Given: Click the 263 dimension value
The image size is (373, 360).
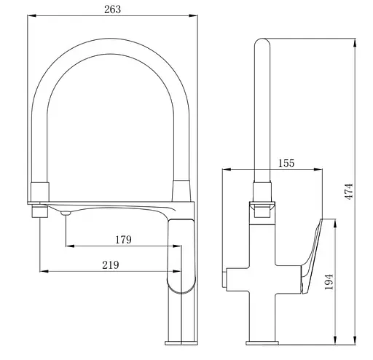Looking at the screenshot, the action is click(x=112, y=9).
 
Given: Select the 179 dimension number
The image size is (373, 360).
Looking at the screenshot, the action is click(x=123, y=240).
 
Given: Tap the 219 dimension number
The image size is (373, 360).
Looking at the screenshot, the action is click(x=111, y=265).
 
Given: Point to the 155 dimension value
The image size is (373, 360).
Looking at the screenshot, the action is click(x=286, y=163).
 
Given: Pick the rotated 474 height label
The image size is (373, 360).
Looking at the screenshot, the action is click(x=349, y=192).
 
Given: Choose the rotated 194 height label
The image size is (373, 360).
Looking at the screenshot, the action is click(x=329, y=282).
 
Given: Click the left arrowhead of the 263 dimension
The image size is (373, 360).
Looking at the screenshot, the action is click(x=32, y=15).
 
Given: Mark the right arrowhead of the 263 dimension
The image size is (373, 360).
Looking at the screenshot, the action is click(x=193, y=15).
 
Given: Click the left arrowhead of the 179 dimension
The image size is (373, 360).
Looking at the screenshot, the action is click(x=70, y=246).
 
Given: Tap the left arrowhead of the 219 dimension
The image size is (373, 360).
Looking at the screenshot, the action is click(x=44, y=271).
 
